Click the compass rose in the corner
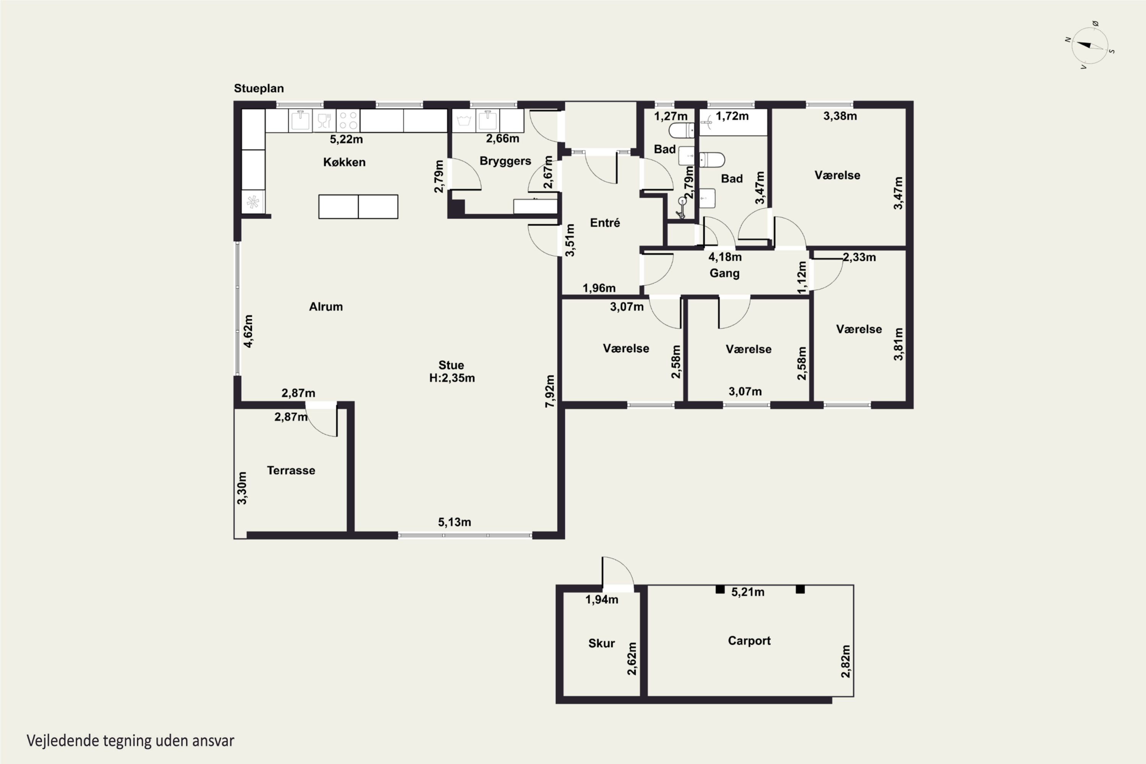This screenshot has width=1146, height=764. [1090, 46]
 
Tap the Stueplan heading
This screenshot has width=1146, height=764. [259, 89]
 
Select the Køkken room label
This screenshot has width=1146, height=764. [344, 162]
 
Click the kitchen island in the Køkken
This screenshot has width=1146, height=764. [358, 207]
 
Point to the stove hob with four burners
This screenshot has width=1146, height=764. [348, 121]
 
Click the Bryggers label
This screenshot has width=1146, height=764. [505, 161]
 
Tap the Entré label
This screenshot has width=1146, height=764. [605, 223]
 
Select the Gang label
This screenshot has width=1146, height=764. [725, 274]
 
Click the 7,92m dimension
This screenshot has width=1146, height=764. [550, 391]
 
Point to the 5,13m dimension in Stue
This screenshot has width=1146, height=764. [455, 522]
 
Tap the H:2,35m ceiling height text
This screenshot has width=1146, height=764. [452, 378]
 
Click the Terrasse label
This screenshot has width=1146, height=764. [291, 471]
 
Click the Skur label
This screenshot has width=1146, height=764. [602, 644]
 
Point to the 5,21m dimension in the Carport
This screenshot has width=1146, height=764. [748, 592]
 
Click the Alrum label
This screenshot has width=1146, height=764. [326, 307]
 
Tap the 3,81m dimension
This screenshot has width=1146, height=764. [898, 344]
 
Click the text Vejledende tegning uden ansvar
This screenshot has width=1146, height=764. [131, 741]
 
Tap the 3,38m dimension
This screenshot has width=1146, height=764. [840, 116]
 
